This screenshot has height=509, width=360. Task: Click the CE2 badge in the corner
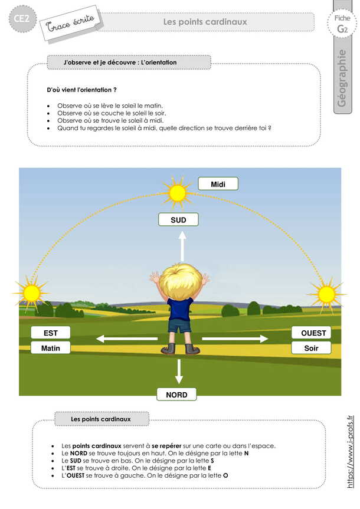click(x=23, y=19)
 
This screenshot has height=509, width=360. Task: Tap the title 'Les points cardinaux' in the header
click(x=205, y=22)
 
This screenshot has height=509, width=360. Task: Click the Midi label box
click(x=218, y=184)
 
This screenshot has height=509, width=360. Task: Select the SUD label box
click(x=178, y=219)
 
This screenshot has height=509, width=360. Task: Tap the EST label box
click(x=51, y=333)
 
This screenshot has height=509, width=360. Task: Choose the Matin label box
click(x=51, y=348)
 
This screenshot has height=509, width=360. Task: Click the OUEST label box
click(x=311, y=333)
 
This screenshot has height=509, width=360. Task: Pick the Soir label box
click(x=311, y=348)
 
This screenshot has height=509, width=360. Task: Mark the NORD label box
click(x=177, y=395)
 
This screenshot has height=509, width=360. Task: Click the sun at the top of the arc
click(x=177, y=192)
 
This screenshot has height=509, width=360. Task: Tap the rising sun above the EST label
click(x=31, y=292)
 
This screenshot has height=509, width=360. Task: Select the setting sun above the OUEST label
click(x=325, y=293)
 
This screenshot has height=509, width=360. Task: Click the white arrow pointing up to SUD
click(x=182, y=246)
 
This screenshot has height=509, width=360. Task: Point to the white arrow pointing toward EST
click(x=127, y=339)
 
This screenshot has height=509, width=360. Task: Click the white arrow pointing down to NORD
click(x=179, y=371)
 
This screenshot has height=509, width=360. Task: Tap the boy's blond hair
click(x=179, y=281)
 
